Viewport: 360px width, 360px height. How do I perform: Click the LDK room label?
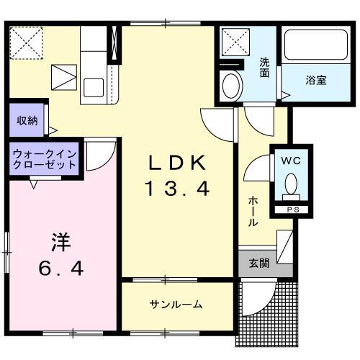point(179,163)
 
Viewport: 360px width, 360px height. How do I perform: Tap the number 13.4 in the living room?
point(179,190)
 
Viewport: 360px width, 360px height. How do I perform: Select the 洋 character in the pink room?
point(60,241)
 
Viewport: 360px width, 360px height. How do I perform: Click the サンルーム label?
point(176,305)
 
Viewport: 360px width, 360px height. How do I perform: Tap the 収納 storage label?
point(27,120)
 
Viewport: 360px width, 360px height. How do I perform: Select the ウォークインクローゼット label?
point(44,158)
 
